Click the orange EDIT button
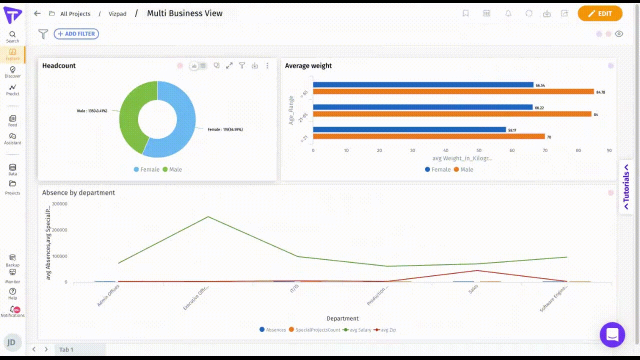pos(600,13)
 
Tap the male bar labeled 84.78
pos(453,91)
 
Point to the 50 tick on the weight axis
pos(478,150)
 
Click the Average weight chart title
pos(308,65)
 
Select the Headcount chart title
pos(59,65)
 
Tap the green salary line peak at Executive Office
pos(208,216)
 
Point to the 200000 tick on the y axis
pos(59,230)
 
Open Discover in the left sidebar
pos(12,72)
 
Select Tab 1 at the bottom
pos(66,349)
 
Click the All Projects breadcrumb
pos(75,13)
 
